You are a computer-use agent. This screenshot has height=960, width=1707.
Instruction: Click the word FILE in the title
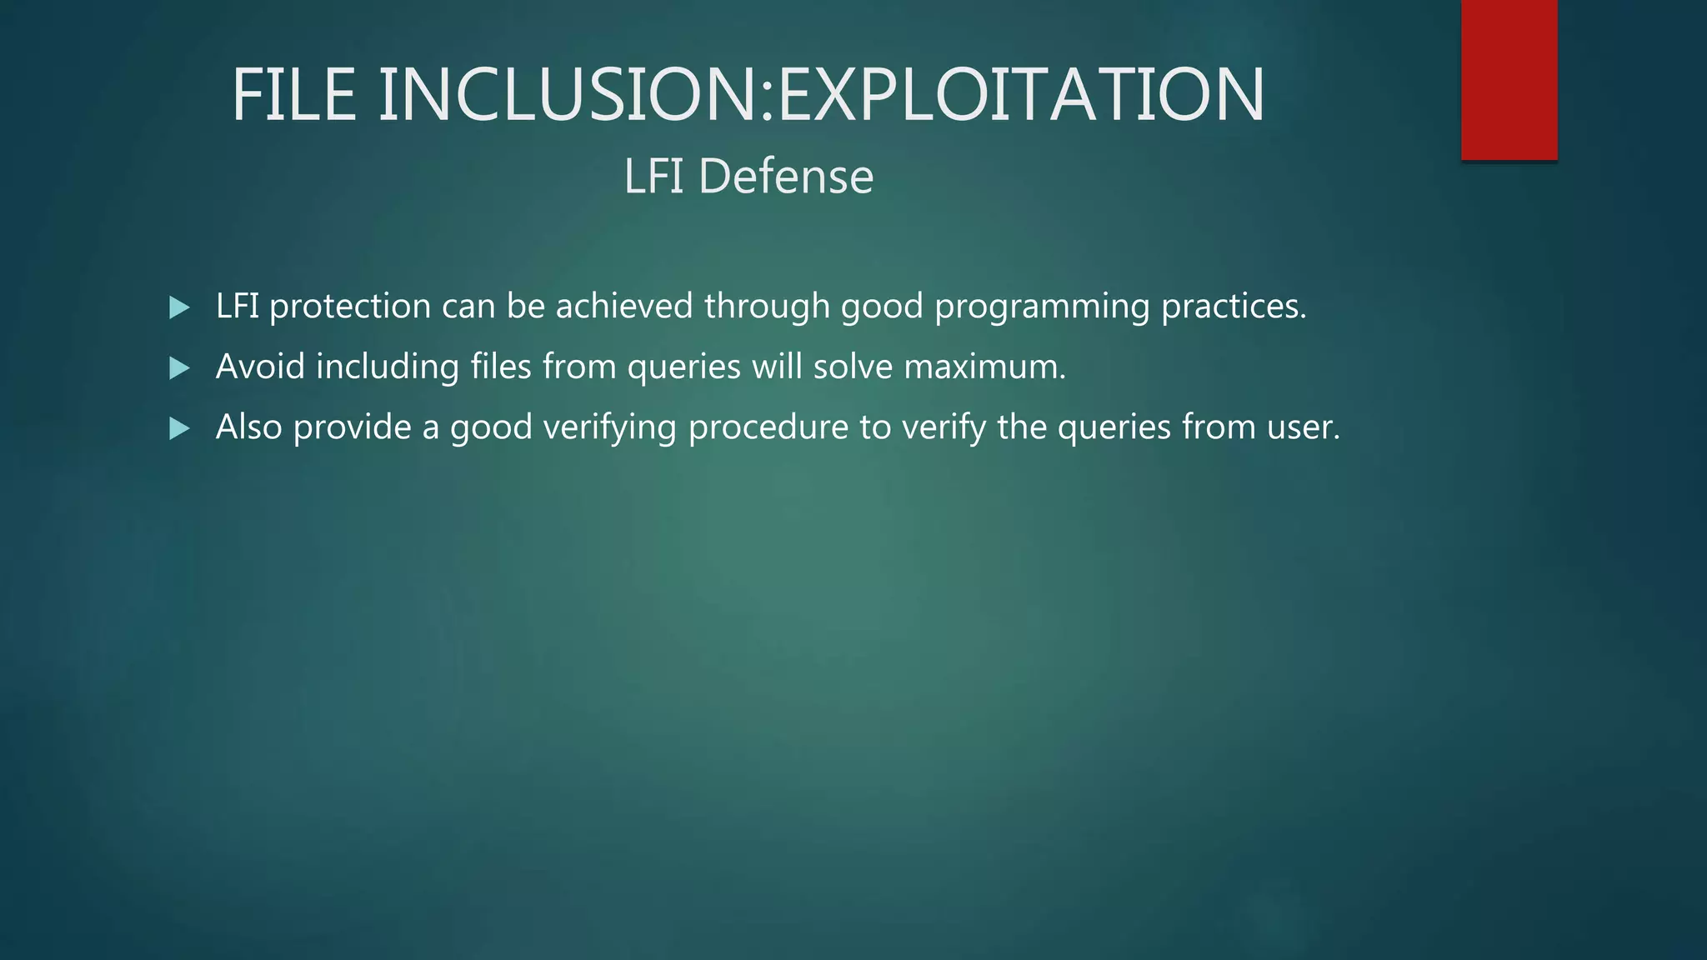click(x=294, y=95)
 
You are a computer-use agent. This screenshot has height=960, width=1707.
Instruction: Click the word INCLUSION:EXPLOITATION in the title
click(x=821, y=95)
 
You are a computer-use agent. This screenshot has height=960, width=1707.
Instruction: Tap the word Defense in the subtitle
click(x=785, y=177)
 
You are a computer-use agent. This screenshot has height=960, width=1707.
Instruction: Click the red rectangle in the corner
click(x=1509, y=79)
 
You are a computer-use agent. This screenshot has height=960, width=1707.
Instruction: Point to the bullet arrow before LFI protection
click(x=178, y=307)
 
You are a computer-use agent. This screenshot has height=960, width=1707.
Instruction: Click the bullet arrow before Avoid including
click(x=178, y=367)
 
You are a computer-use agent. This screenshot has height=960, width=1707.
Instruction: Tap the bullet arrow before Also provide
click(x=178, y=428)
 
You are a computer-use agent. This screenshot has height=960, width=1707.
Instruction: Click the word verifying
click(x=609, y=428)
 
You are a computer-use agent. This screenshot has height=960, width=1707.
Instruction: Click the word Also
click(x=248, y=427)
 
